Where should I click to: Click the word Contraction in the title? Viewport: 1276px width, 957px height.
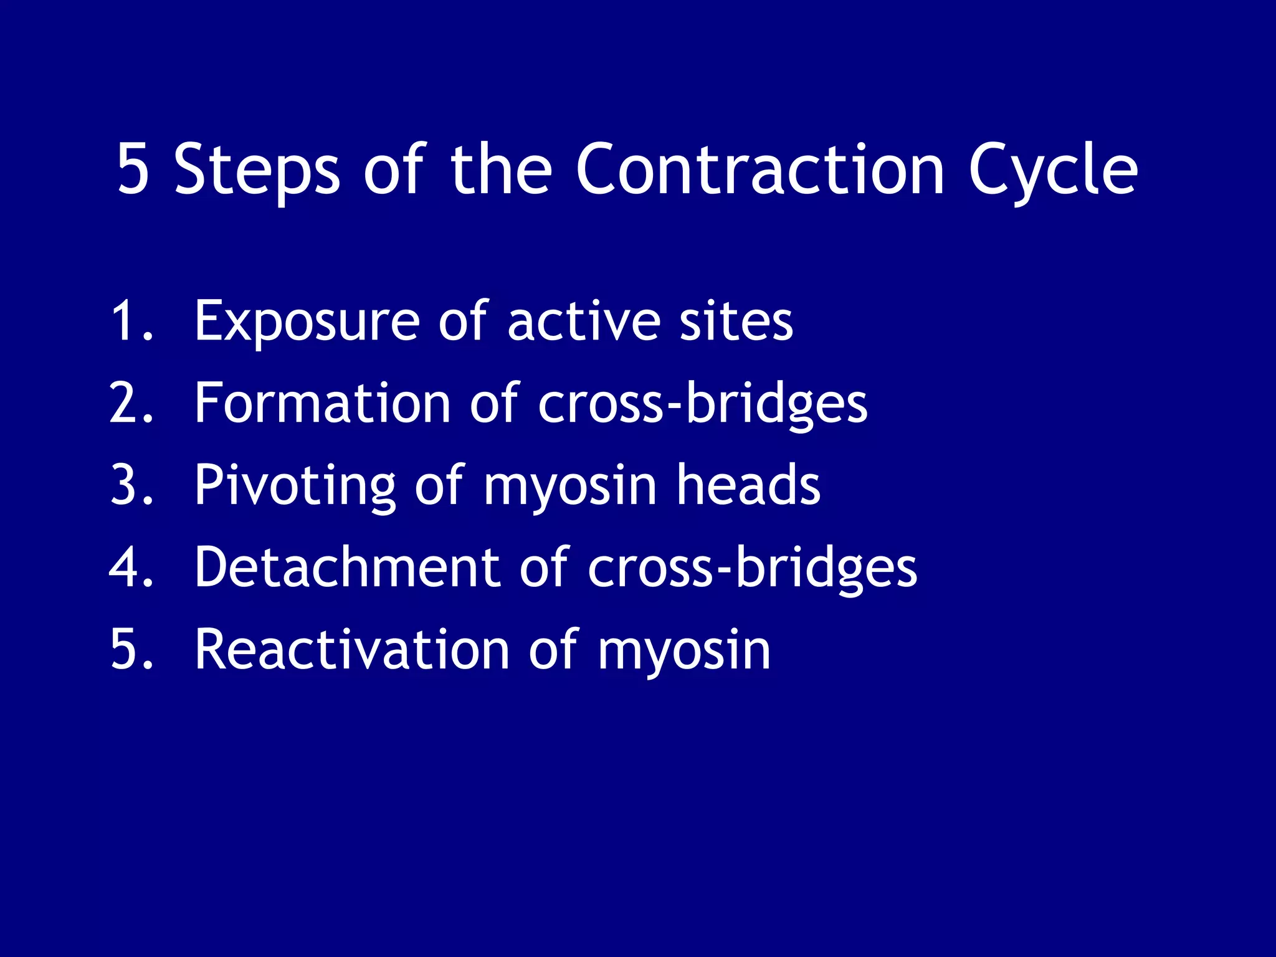(760, 169)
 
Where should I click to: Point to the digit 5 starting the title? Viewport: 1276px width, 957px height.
(133, 169)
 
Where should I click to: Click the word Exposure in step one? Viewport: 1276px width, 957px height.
(307, 323)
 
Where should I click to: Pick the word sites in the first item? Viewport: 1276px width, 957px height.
(736, 321)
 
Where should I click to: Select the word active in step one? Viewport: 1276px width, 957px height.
(583, 321)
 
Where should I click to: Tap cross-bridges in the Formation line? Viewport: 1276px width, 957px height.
(702, 405)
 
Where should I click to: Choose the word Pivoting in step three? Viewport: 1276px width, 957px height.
(295, 487)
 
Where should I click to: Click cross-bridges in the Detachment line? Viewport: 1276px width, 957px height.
(752, 568)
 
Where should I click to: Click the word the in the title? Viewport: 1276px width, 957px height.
(501, 169)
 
